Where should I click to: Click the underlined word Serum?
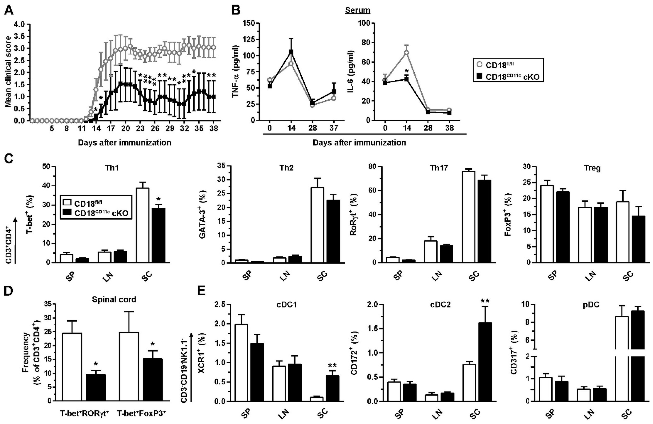click(x=358, y=10)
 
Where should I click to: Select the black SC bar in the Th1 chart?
click(x=158, y=235)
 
